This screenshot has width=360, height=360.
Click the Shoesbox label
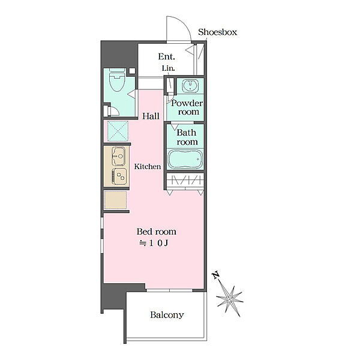[x=217, y=32]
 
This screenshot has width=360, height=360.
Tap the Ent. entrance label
[x=166, y=56]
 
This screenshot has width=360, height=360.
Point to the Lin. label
[x=168, y=68]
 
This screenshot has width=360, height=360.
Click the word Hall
[x=151, y=116]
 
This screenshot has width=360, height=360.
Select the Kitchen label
[x=148, y=166]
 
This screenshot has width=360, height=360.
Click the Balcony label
[x=167, y=315]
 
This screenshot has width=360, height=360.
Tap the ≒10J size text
[x=154, y=243]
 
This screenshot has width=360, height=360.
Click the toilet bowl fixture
[x=118, y=80]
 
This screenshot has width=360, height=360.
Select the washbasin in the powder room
[x=190, y=86]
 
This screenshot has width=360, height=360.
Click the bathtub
[x=185, y=159]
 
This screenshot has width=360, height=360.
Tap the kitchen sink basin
[x=118, y=156]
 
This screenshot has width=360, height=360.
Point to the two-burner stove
[x=119, y=176]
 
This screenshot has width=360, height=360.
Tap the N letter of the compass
[x=216, y=275]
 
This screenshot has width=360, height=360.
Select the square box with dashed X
[x=118, y=131]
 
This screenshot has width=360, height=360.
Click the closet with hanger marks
[x=185, y=180]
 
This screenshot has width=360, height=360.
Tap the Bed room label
[x=157, y=232]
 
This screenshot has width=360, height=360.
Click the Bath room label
[x=187, y=137]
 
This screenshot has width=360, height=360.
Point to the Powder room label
[x=187, y=107]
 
